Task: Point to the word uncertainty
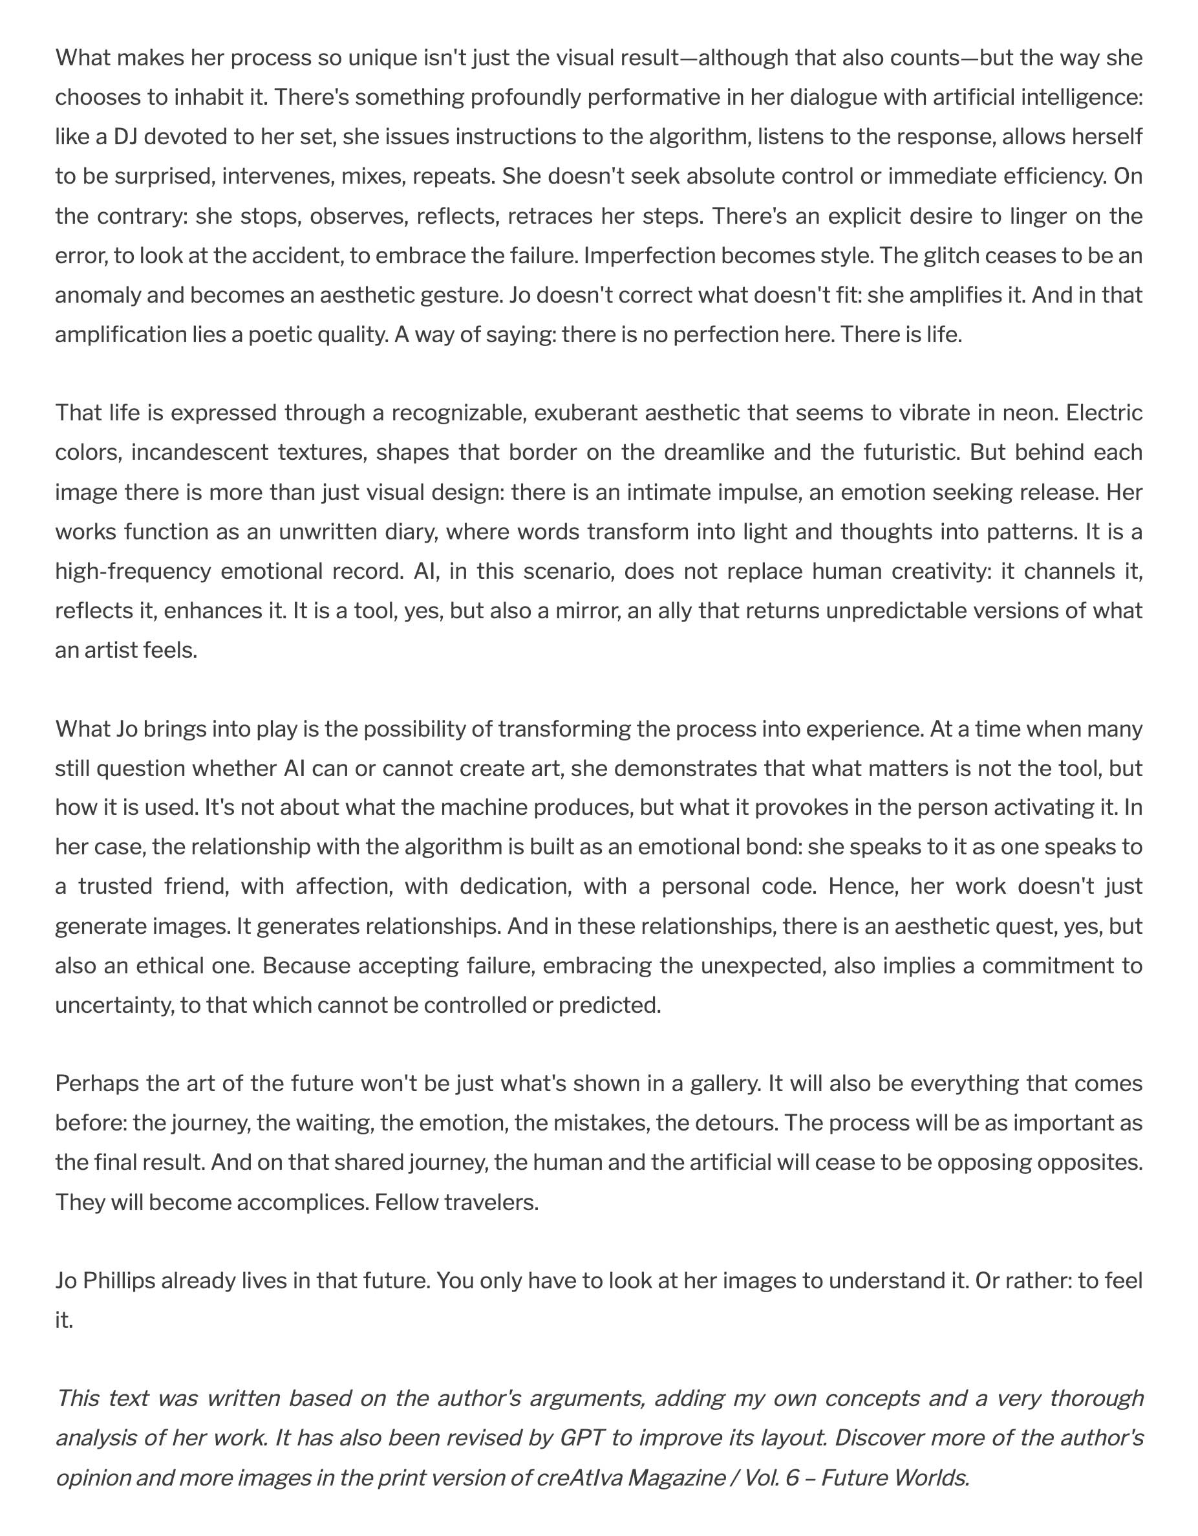[x=113, y=1004]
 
